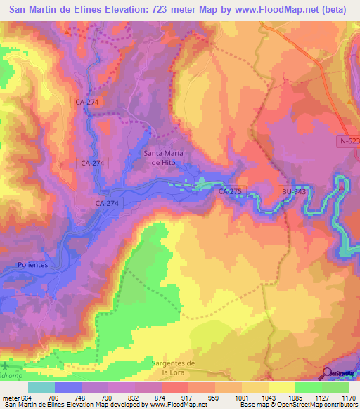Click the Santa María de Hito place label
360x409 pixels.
coord(164,157)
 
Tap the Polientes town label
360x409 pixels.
coord(32,265)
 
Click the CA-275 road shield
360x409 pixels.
coord(230,190)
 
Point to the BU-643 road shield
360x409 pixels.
coord(293,190)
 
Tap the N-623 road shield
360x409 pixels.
coord(348,141)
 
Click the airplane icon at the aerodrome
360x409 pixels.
coord(6,365)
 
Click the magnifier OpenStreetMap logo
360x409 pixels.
coord(328,374)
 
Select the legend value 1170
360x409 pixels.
coord(347,397)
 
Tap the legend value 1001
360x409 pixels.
coord(240,397)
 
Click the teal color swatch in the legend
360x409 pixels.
coord(41,387)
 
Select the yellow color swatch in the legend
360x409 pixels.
coord(281,387)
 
